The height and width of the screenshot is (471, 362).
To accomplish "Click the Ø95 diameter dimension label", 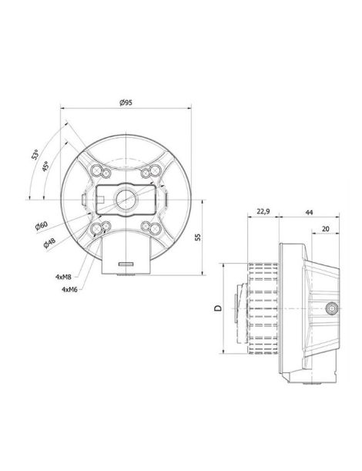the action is coord(126,103).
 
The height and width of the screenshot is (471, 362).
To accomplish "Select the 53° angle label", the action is coord(35,154).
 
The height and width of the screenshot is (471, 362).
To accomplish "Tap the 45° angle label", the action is coord(45,166).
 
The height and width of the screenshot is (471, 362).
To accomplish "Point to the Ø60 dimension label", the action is coord(42,226).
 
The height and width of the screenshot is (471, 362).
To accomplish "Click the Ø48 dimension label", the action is coord(49,243).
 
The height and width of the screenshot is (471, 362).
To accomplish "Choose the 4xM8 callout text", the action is coord(63,277).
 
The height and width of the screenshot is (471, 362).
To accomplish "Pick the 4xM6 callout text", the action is coord(69,289).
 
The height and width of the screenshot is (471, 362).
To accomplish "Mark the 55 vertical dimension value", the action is coord(197,237).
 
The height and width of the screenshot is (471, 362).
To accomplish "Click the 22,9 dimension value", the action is coord(263,211).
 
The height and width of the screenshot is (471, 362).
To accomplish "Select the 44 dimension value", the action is coord(309,212).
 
